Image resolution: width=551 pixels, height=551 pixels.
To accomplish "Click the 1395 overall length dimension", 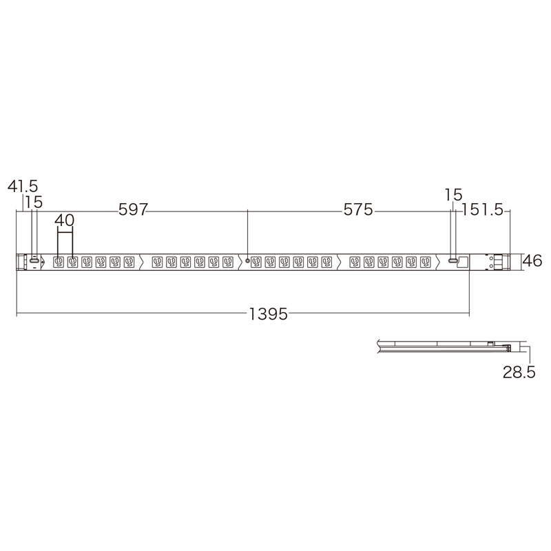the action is pyautogui.click(x=269, y=314).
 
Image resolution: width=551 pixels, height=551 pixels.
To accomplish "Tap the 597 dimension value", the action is pyautogui.click(x=133, y=210).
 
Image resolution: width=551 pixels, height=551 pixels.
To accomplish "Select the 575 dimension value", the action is pyautogui.click(x=357, y=210).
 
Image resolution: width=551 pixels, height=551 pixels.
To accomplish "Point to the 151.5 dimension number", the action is pyautogui.click(x=482, y=210).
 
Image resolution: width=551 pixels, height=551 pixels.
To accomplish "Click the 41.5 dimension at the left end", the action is pyautogui.click(x=23, y=186).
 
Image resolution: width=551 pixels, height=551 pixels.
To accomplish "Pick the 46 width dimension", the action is pyautogui.click(x=532, y=261).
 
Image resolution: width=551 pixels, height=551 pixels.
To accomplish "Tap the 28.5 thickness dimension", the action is pyautogui.click(x=519, y=372).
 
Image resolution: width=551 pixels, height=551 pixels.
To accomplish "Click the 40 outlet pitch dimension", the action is pyautogui.click(x=65, y=220).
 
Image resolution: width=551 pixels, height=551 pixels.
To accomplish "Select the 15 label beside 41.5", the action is pyautogui.click(x=34, y=202).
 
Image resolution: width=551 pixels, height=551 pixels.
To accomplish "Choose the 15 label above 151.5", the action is pyautogui.click(x=454, y=195).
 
